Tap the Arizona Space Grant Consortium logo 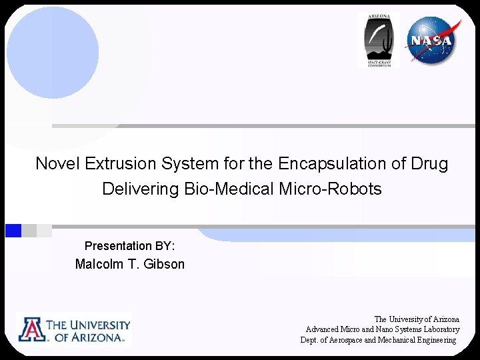[x=379, y=40]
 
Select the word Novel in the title [x=55, y=163]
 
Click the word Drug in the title [x=430, y=163]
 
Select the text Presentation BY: [x=130, y=246]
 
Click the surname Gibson [x=163, y=264]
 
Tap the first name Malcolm [x=99, y=264]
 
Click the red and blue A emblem [x=31, y=330]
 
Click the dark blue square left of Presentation [x=13, y=231]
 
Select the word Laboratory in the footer [x=437, y=329]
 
